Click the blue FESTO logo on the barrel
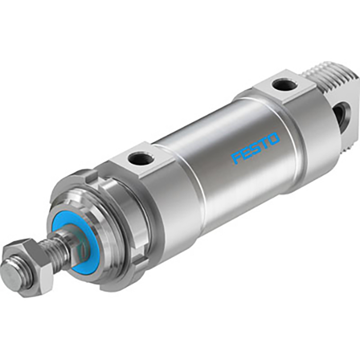click(256, 148)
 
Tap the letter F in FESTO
click(237, 157)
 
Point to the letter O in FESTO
click(273, 139)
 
